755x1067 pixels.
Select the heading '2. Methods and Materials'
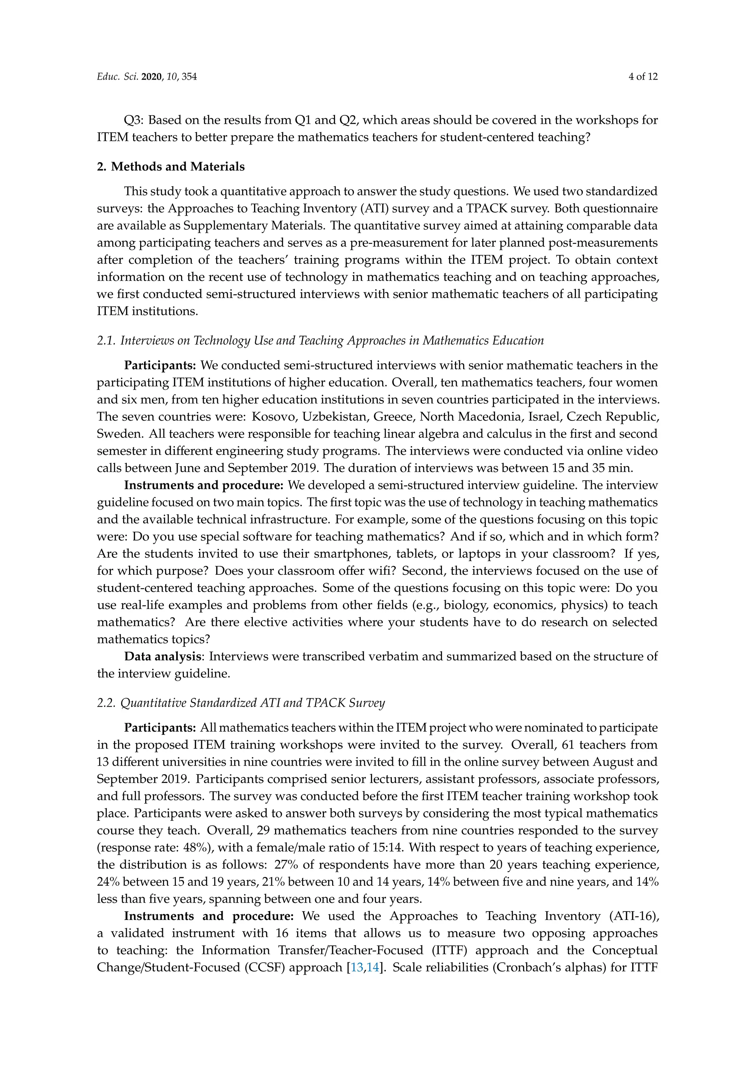171,167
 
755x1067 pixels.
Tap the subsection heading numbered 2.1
320,341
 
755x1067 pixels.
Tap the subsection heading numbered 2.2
241,703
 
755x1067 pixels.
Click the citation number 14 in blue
373,968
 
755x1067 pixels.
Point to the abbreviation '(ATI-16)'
636,916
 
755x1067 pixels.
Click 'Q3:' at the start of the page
133,120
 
